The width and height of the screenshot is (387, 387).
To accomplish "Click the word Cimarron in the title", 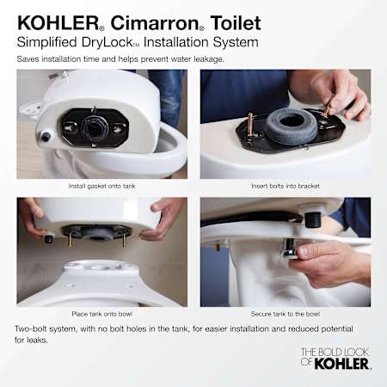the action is pyautogui.click(x=155, y=23).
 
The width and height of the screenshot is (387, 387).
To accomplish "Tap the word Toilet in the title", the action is pyautogui.click(x=236, y=23).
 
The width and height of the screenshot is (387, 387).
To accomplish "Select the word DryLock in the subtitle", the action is pyautogui.click(x=107, y=42).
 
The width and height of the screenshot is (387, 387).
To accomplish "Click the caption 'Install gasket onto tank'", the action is pyautogui.click(x=101, y=186).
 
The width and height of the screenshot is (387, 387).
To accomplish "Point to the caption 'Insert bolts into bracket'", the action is pyautogui.click(x=286, y=186).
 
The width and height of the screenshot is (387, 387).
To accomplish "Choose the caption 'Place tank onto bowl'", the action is pyautogui.click(x=102, y=314).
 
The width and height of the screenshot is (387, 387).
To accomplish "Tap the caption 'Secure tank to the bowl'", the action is pyautogui.click(x=286, y=314).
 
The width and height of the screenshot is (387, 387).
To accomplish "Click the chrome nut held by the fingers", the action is pyautogui.click(x=289, y=249).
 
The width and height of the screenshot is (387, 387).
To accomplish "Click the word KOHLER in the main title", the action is pyautogui.click(x=58, y=23).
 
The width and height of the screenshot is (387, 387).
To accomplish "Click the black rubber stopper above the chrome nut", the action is pyautogui.click(x=311, y=219).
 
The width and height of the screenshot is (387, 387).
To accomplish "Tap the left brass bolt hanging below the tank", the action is pyautogui.click(x=71, y=239).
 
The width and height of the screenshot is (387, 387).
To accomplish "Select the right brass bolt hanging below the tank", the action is pyautogui.click(x=123, y=240).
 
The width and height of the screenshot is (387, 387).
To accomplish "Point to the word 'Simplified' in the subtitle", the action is pyautogui.click(x=47, y=42).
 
